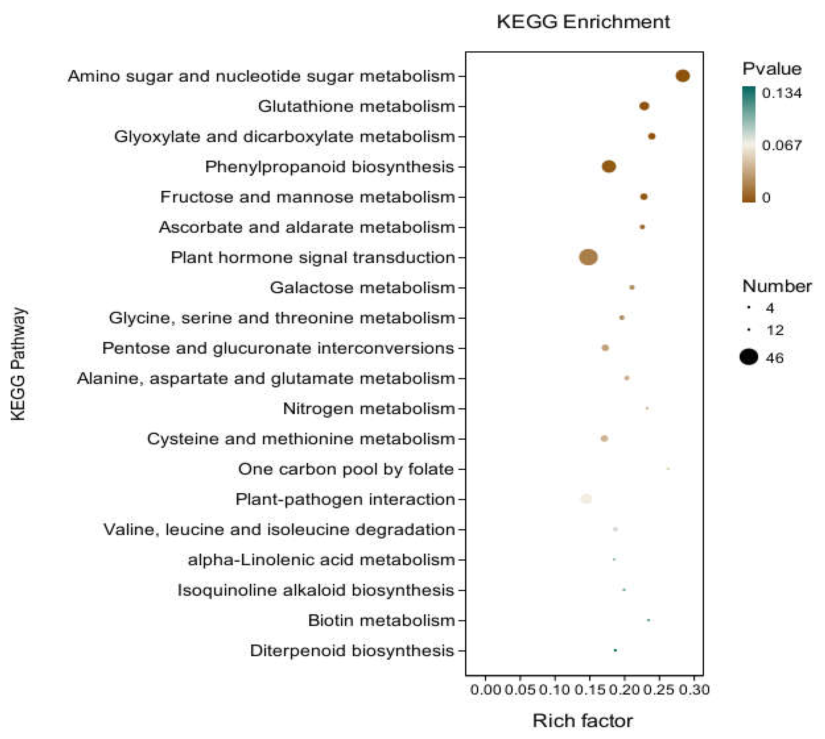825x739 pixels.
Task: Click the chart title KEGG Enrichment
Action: coord(583,22)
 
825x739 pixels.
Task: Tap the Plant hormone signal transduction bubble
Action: coord(588,257)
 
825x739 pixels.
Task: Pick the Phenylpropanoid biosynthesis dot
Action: coord(609,166)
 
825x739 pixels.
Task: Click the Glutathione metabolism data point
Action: coord(644,106)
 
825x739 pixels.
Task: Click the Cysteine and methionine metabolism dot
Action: coord(604,438)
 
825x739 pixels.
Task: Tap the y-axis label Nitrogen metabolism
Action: coord(369,408)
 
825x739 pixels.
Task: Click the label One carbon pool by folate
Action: coord(345,469)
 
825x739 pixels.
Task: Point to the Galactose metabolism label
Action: coord(362,288)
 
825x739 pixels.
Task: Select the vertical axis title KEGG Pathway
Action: coord(18,364)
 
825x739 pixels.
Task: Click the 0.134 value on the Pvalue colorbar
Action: coord(782,93)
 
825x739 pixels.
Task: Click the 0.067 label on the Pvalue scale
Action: coord(782,145)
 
